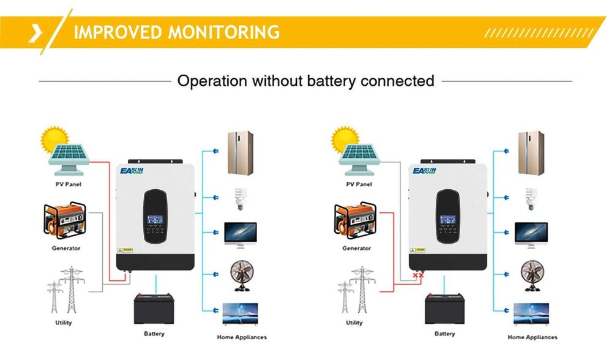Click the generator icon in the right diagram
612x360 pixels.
(356, 220)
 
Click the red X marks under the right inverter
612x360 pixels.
(419, 276)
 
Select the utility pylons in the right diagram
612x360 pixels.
(354, 291)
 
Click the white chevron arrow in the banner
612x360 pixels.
(35, 32)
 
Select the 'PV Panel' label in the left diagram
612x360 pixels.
(68, 184)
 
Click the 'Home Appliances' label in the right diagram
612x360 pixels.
(532, 337)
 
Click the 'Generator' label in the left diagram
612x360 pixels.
(66, 249)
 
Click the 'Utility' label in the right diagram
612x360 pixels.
(354, 323)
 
